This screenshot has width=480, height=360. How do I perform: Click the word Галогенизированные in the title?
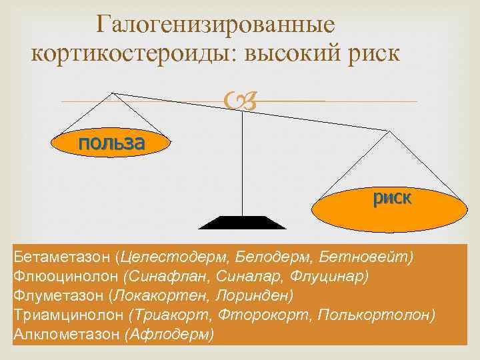215,25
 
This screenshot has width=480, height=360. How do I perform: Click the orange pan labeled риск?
392,200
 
